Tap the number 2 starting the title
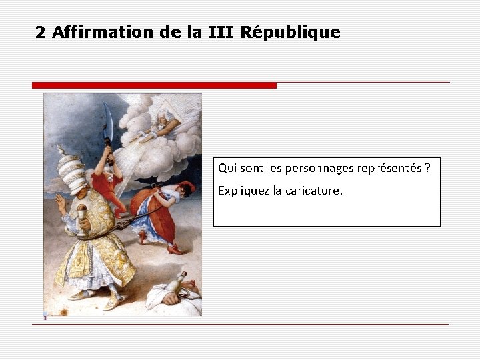click(x=41, y=32)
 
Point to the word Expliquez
click(x=241, y=191)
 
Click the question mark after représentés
click(x=427, y=168)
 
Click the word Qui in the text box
click(x=227, y=168)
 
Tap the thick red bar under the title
click(x=154, y=85)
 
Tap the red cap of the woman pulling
click(x=187, y=186)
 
